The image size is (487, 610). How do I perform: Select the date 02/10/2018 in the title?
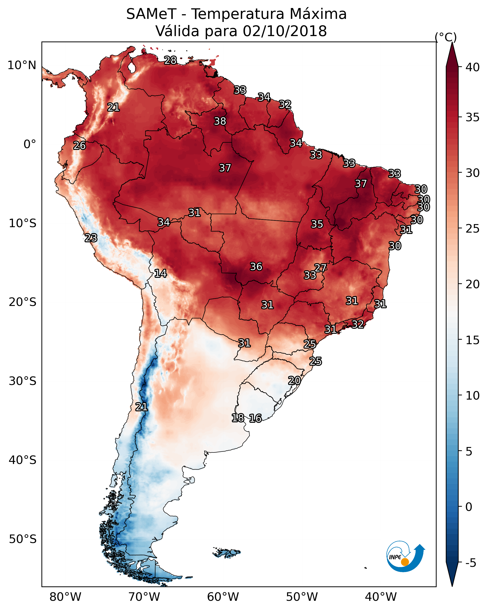pyautogui.click(x=285, y=31)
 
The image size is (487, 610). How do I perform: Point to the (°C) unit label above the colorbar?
pyautogui.click(x=446, y=37)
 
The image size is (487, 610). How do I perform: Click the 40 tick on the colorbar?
pyautogui.click(x=473, y=67)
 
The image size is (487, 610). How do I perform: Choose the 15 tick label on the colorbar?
pyautogui.click(x=473, y=340)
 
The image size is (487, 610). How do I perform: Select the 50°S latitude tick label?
pyautogui.click(x=23, y=539)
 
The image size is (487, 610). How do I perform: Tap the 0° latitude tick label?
pyautogui.click(x=30, y=144)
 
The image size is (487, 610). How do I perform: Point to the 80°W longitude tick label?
pyautogui.click(x=65, y=597)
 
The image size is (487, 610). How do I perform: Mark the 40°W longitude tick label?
pyautogui.click(x=381, y=597)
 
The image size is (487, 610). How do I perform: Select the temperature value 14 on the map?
pyautogui.click(x=160, y=273)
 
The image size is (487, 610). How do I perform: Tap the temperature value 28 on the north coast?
pyautogui.click(x=170, y=60)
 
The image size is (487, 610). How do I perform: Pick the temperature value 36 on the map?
pyautogui.click(x=256, y=267)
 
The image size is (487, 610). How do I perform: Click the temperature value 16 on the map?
pyautogui.click(x=255, y=418)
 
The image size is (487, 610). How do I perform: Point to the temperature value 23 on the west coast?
pyautogui.click(x=91, y=238)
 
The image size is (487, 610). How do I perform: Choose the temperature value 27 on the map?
pyautogui.click(x=320, y=268)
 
